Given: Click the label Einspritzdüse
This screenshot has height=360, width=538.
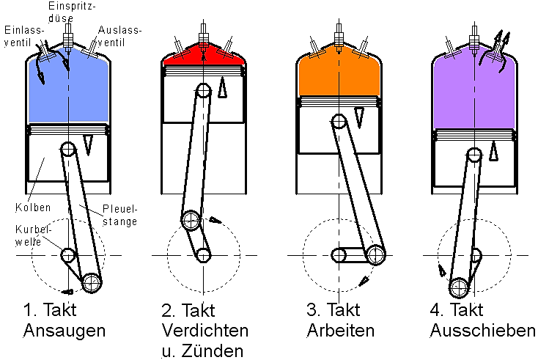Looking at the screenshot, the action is pyautogui.click(x=72, y=12).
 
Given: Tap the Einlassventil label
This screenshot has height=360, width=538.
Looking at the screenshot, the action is pyautogui.click(x=24, y=37).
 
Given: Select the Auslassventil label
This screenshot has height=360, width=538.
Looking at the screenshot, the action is pyautogui.click(x=119, y=37).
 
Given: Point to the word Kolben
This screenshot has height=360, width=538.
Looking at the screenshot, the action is pyautogui.click(x=33, y=207).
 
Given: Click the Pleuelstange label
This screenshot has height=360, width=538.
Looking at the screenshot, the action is pyautogui.click(x=120, y=215).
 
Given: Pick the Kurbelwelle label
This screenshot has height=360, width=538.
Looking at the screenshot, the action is pyautogui.click(x=33, y=235).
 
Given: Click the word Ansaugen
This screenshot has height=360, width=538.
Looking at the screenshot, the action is pyautogui.click(x=65, y=331).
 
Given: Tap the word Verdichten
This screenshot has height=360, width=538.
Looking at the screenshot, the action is pyautogui.click(x=204, y=331).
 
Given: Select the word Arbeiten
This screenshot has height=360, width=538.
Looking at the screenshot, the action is pyautogui.click(x=340, y=331).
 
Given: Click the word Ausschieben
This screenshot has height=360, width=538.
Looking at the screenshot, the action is pyautogui.click(x=482, y=331).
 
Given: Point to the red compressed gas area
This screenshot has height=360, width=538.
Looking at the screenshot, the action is pyautogui.click(x=204, y=56).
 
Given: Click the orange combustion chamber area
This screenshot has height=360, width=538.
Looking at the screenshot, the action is pyautogui.click(x=339, y=72).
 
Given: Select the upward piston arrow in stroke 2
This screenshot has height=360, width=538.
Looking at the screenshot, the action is pyautogui.click(x=222, y=87).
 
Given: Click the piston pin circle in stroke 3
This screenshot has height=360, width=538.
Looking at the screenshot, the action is pyautogui.click(x=339, y=121).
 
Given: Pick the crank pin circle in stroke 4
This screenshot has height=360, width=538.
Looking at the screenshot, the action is pyautogui.click(x=459, y=287).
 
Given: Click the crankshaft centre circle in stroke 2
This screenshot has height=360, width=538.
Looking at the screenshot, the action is pyautogui.click(x=204, y=255).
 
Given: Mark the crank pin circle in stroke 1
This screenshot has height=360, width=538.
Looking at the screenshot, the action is pyautogui.click(x=92, y=283).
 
